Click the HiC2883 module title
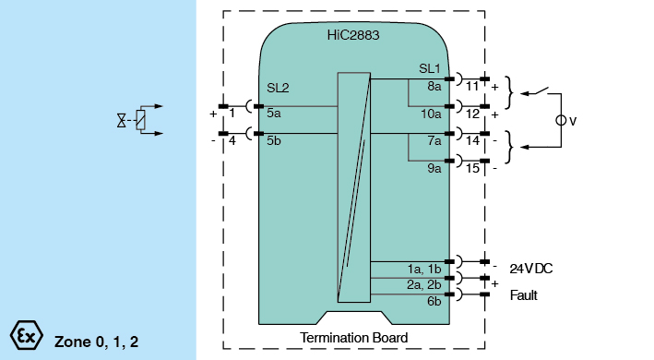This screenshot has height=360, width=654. [353, 35]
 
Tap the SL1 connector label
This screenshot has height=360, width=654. [430, 68]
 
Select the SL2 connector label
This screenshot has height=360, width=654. [278, 88]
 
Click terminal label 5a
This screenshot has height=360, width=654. [274, 113]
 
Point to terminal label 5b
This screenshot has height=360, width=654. [274, 140]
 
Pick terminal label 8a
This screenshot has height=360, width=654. [434, 87]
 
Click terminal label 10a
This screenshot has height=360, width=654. [431, 114]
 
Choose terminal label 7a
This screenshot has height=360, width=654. [434, 141]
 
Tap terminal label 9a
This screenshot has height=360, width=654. [434, 168]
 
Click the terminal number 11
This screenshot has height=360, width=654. [471, 87]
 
